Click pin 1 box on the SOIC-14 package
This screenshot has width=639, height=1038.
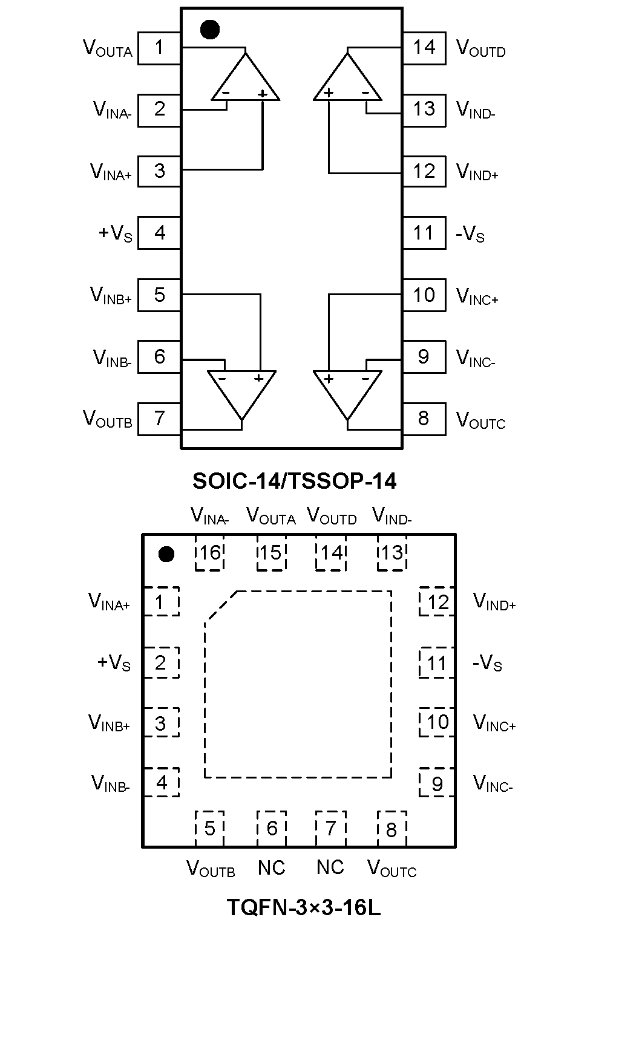point(159,48)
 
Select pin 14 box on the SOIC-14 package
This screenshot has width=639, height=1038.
point(424,48)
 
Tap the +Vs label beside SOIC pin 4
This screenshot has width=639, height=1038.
point(115,233)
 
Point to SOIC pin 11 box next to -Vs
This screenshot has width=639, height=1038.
point(424,233)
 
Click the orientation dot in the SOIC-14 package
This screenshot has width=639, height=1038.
point(209,29)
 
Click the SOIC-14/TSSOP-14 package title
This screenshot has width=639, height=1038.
point(294,481)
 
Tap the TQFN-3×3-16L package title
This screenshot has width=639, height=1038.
point(304,907)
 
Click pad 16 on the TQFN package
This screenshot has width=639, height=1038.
point(210,553)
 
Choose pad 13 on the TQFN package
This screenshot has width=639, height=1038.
point(392,553)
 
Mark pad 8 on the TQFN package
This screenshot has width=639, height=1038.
point(392,829)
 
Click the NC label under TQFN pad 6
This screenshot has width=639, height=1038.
point(271,868)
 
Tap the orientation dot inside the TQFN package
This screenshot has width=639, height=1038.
point(166,554)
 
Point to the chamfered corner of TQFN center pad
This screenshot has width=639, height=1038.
point(221,605)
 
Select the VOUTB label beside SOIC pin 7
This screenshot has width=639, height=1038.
point(108,419)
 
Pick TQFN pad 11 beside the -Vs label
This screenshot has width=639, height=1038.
point(436,664)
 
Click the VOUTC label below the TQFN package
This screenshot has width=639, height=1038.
point(392,869)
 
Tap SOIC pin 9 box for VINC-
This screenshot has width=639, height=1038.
point(424,357)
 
